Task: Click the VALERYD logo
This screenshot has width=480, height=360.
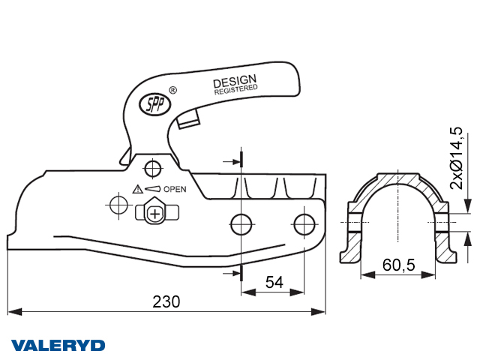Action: point(58,345)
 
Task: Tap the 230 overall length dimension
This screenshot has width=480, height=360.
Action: point(166,301)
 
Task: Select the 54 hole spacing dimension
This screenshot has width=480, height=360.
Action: point(274,282)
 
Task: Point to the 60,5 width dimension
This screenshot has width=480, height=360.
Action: point(398,265)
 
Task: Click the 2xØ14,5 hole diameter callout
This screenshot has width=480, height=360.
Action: point(456,158)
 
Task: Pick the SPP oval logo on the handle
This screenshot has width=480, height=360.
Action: point(155,104)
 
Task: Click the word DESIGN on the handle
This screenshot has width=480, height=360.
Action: point(235,81)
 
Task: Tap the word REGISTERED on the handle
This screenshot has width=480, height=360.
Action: point(235,89)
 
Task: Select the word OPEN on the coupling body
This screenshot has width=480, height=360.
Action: point(175,189)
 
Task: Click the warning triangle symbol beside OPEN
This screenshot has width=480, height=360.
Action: point(138,189)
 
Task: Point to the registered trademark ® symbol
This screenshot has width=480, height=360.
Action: point(173,90)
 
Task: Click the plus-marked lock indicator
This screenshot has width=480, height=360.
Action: point(155,213)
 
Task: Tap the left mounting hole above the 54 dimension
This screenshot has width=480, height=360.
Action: point(241,224)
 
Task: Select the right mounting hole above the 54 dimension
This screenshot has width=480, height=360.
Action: point(304,224)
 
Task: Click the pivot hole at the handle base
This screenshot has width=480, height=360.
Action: point(153,168)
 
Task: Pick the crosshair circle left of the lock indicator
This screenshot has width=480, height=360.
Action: point(118,205)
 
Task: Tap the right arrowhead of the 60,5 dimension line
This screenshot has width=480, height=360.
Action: point(428,275)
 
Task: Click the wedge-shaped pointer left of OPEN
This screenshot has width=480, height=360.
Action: point(152,189)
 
